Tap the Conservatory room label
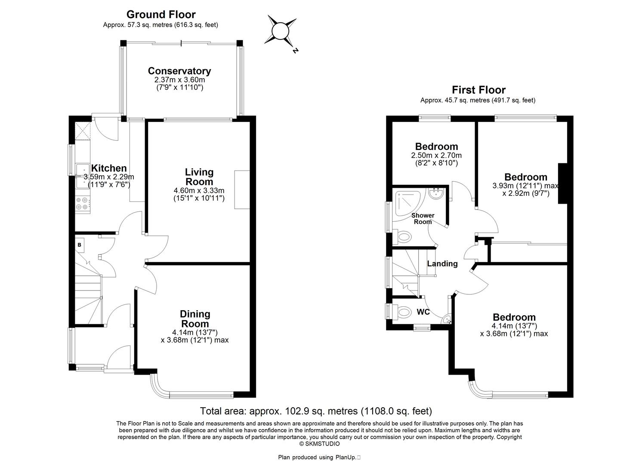179,71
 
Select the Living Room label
199,177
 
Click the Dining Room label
194,319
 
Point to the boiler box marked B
80,245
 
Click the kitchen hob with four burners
83,203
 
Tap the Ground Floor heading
161,15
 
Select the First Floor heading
478,90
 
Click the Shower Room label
423,218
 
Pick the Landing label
442,264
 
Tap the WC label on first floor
423,312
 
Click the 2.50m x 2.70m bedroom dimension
436,155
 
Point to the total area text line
316,411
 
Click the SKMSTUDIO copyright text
319,443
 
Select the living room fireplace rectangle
242,189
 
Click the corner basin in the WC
447,319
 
